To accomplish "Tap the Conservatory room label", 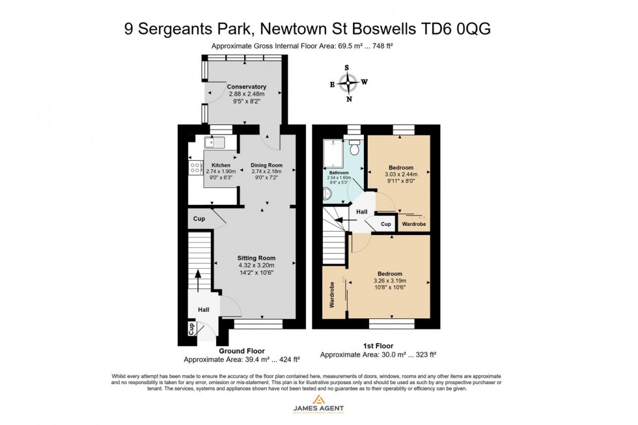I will [x=246, y=87].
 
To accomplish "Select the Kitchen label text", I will [x=221, y=165].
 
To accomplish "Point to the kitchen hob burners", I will [x=195, y=169].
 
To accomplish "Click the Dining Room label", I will [x=267, y=165].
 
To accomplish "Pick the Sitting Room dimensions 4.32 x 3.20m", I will [x=257, y=266].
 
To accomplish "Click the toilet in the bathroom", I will [x=355, y=143].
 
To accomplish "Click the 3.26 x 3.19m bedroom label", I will [x=389, y=281].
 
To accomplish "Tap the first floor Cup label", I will [x=386, y=224].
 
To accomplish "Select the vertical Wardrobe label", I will [x=331, y=294].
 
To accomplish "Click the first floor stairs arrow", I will [x=346, y=221].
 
